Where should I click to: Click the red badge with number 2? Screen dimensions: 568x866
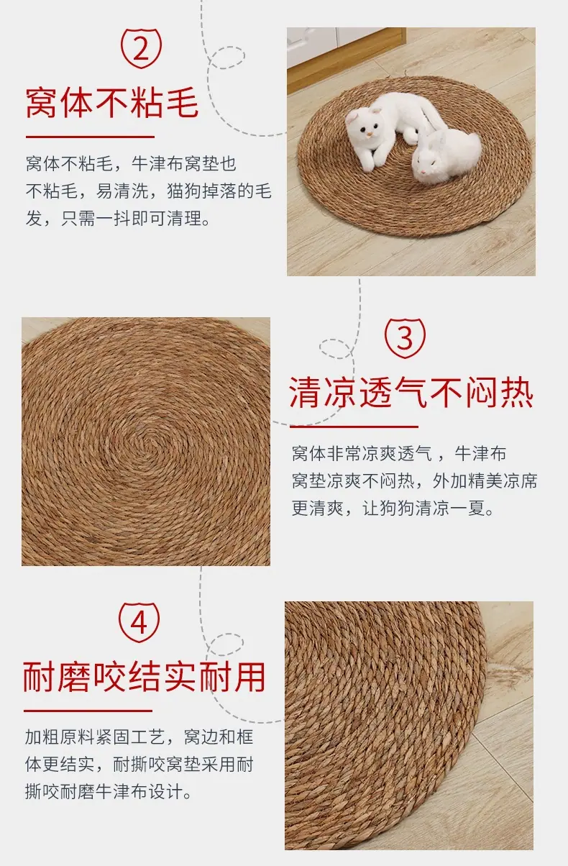(141, 48)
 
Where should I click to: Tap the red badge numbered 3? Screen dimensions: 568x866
(405, 338)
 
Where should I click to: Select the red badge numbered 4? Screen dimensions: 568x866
(139, 622)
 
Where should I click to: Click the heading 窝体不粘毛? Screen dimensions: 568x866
(112, 103)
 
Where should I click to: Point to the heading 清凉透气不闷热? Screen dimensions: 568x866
(411, 393)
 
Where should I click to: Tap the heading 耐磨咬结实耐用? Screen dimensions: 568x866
(144, 677)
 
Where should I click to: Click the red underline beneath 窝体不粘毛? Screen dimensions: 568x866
(90, 137)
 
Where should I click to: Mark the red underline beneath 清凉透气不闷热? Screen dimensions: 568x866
(354, 427)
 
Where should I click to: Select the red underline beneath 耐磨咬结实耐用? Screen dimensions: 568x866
(88, 711)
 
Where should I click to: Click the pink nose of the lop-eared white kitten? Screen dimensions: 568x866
(370, 135)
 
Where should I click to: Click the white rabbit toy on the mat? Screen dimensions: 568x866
(446, 155)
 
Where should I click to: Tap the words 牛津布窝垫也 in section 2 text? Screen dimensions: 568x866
(184, 163)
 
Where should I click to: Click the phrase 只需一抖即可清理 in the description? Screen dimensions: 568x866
(132, 219)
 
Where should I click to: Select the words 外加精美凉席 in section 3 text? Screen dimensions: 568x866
(485, 480)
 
